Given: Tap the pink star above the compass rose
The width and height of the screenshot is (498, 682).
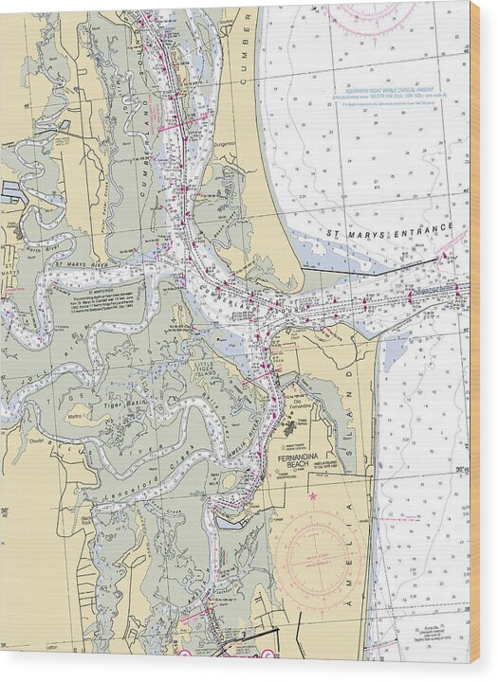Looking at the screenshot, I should click(312, 495).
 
